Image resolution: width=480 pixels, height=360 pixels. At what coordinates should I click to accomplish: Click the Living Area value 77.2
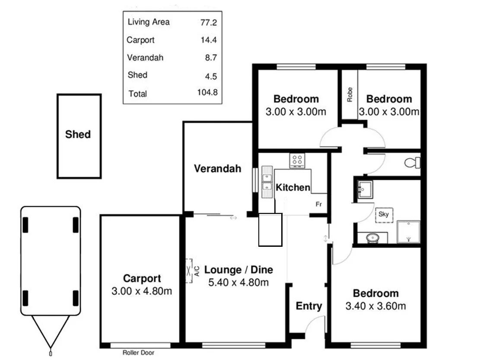click(x=208, y=22)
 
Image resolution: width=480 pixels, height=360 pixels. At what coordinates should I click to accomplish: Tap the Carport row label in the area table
click(x=140, y=40)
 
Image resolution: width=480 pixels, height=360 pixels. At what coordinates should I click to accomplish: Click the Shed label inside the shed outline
click(x=78, y=134)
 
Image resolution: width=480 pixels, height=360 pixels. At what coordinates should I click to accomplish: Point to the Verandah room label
click(x=217, y=169)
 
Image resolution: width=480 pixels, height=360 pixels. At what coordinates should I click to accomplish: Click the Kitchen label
click(x=293, y=188)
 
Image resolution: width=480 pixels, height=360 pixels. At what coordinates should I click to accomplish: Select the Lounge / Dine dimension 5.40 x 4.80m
click(x=238, y=283)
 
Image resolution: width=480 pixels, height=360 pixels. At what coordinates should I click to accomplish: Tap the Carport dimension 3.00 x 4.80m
click(x=142, y=291)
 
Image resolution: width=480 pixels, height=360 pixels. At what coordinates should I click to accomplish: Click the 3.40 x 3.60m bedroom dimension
click(x=375, y=306)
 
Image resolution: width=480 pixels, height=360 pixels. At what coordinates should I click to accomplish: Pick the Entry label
click(x=308, y=306)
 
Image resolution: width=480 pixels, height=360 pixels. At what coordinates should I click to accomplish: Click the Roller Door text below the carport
click(x=138, y=353)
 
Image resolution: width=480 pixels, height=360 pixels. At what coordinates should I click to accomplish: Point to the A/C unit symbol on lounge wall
click(x=189, y=271)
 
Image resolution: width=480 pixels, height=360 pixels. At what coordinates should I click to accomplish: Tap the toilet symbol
click(x=412, y=163)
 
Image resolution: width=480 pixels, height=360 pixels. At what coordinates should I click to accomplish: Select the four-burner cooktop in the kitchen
click(x=297, y=161)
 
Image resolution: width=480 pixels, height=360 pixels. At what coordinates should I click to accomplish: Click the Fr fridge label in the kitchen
click(x=319, y=204)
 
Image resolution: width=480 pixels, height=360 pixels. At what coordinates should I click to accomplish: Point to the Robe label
click(x=350, y=95)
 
